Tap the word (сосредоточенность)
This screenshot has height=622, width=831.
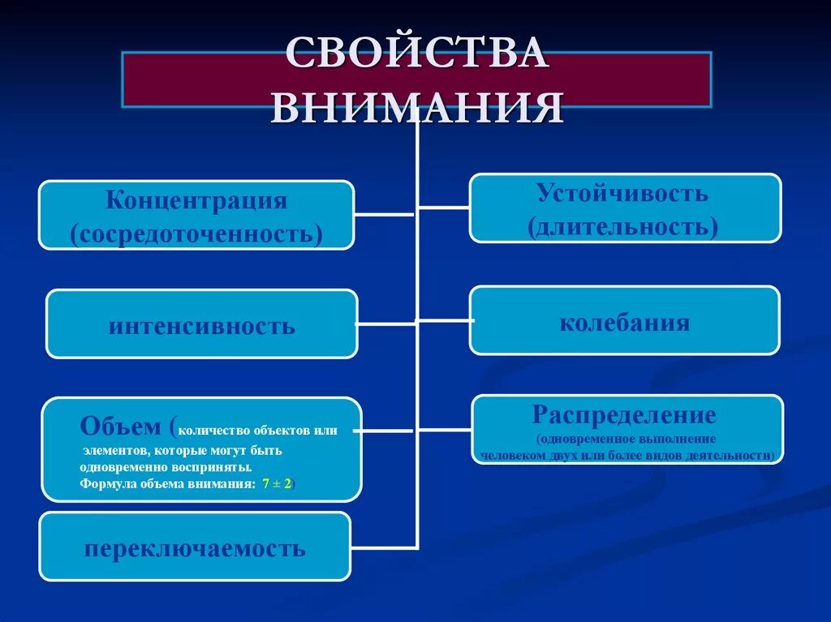click(196, 234)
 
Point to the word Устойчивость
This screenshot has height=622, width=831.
click(622, 193)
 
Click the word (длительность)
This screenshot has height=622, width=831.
click(623, 226)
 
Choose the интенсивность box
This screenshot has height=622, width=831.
click(201, 325)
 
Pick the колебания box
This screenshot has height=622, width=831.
click(624, 322)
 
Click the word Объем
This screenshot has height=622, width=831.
click(119, 426)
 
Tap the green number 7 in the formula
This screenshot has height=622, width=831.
click(265, 483)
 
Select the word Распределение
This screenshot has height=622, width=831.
click(624, 415)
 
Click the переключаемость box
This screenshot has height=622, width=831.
click(195, 547)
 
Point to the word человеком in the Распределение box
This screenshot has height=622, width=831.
click(508, 455)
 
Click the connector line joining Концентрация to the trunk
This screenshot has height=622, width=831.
click(385, 215)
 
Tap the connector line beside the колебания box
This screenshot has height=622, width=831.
click(444, 320)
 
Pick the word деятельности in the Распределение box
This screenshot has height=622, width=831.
click(735, 455)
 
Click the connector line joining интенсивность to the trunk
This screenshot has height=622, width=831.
click(386, 324)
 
